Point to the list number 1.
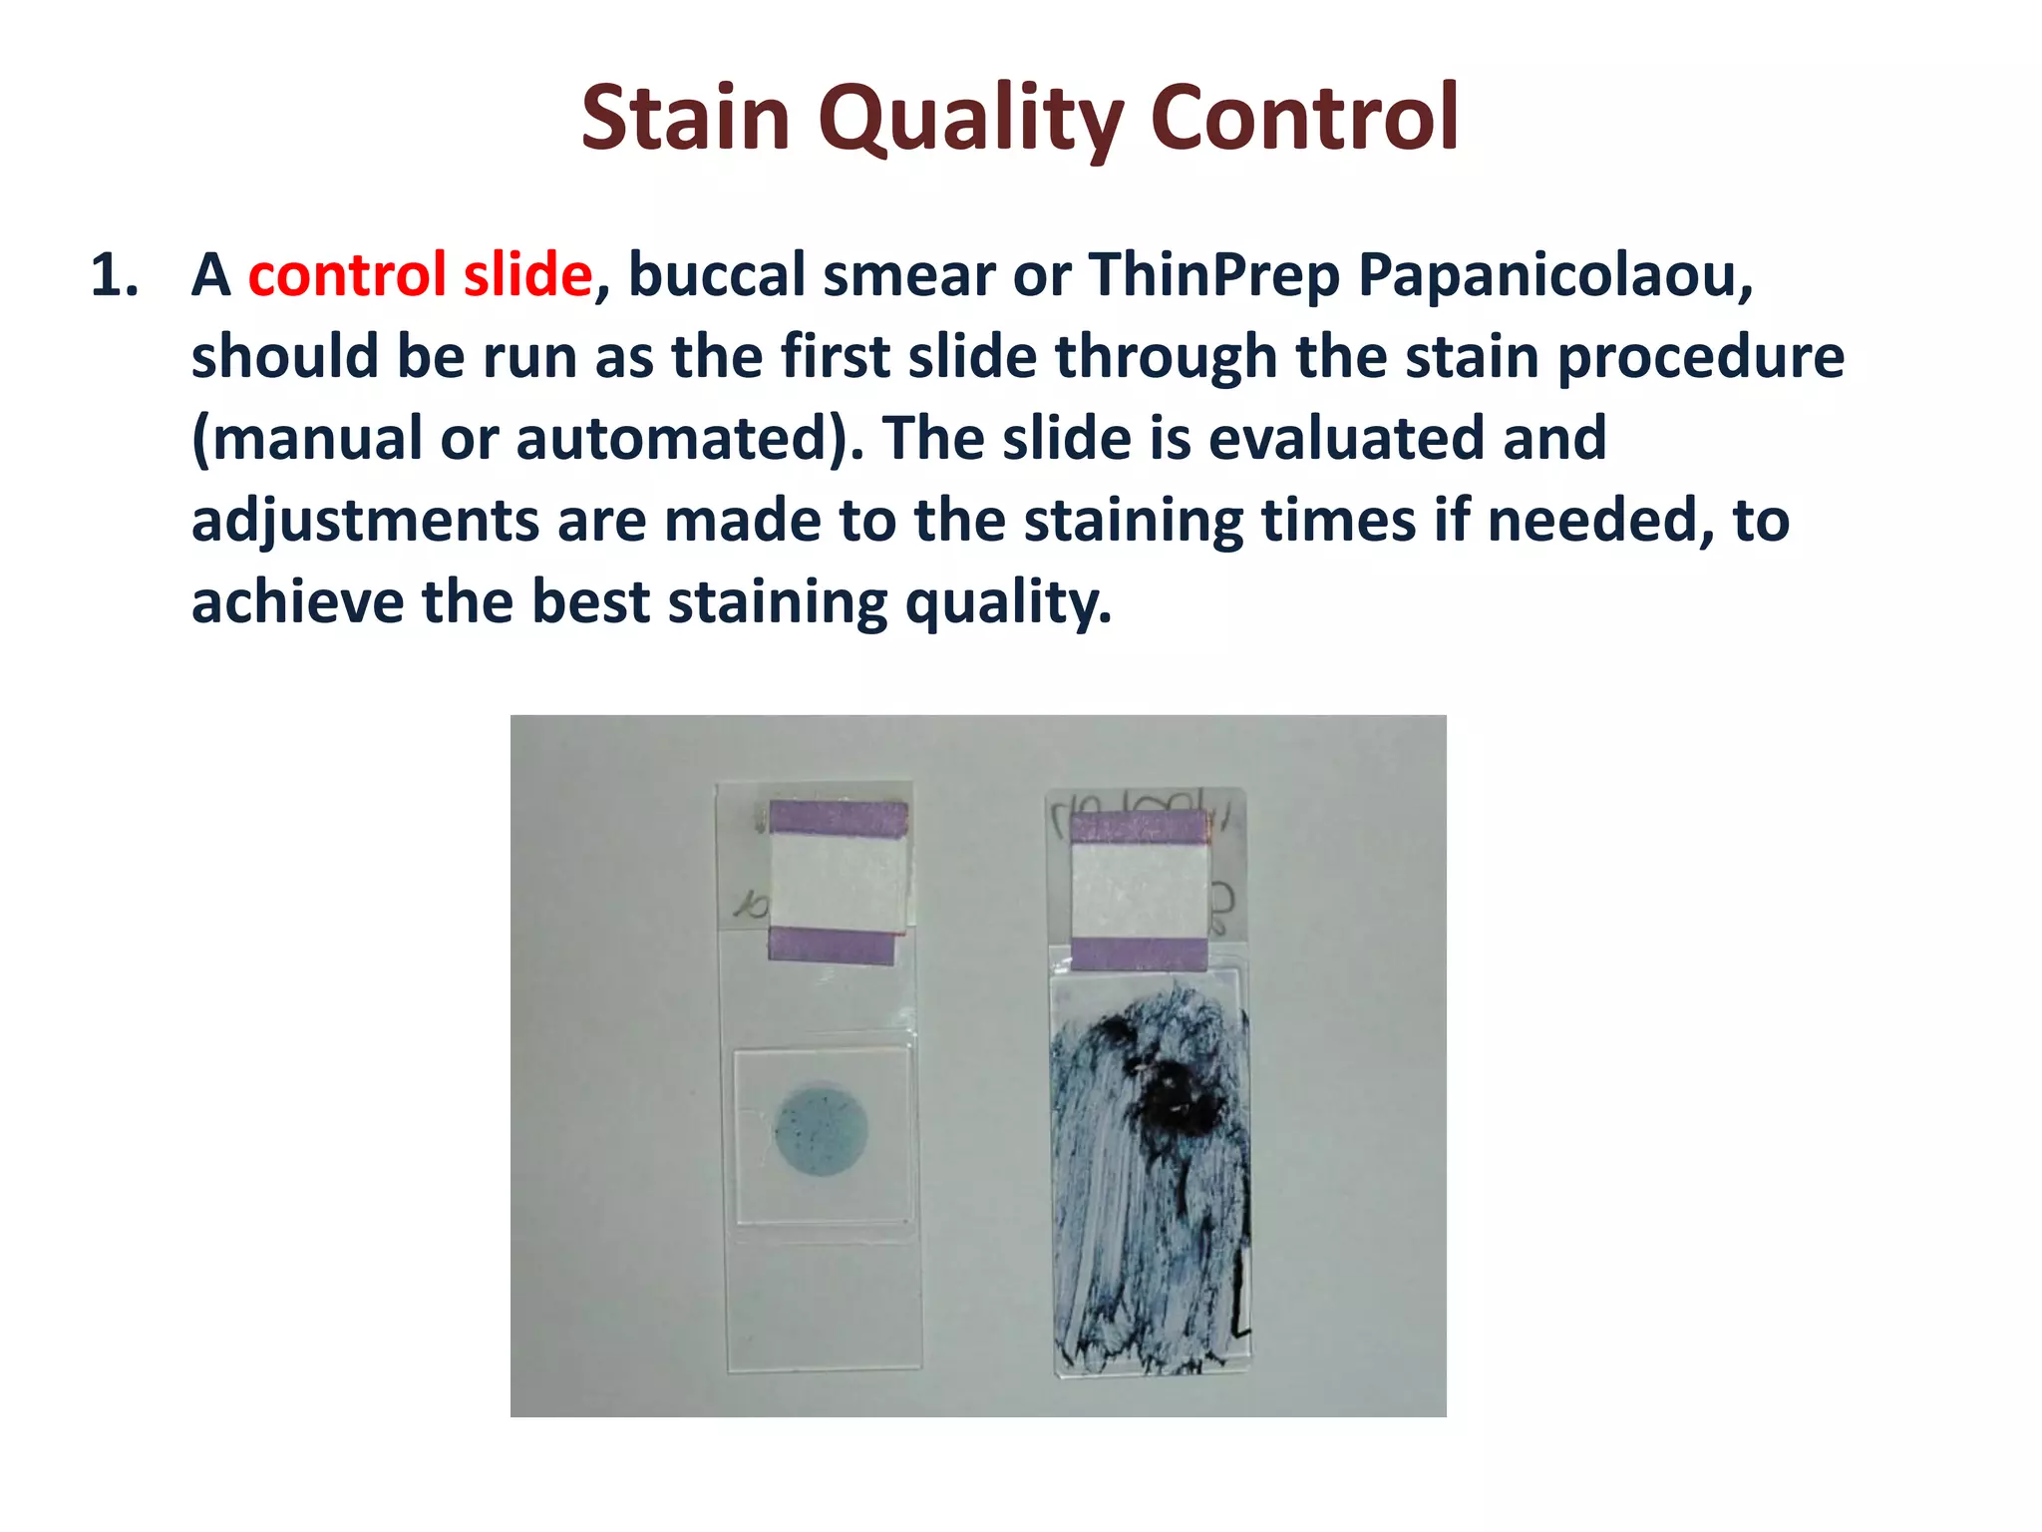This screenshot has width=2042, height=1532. (x=114, y=275)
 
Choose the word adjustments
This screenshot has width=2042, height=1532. (x=365, y=520)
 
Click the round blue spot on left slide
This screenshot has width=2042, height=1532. (x=821, y=1128)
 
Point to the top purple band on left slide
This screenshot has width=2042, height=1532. (x=838, y=819)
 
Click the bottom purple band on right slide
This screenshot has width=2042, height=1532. (x=1139, y=954)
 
